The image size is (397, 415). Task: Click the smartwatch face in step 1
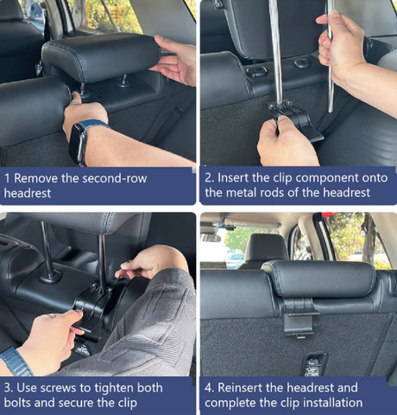point(78,144)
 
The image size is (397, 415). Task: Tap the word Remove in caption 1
point(36,178)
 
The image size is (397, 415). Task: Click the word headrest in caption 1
point(28,193)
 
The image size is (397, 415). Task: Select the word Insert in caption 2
point(233,178)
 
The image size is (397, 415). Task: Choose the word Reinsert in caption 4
point(240,387)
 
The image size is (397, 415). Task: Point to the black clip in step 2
point(296,121)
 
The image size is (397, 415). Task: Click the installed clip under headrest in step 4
point(299,318)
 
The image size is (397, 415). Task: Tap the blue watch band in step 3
point(16,361)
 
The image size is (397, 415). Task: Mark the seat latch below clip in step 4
point(315,364)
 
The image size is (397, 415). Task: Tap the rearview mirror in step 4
point(211,238)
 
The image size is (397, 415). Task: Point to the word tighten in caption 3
point(114,388)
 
